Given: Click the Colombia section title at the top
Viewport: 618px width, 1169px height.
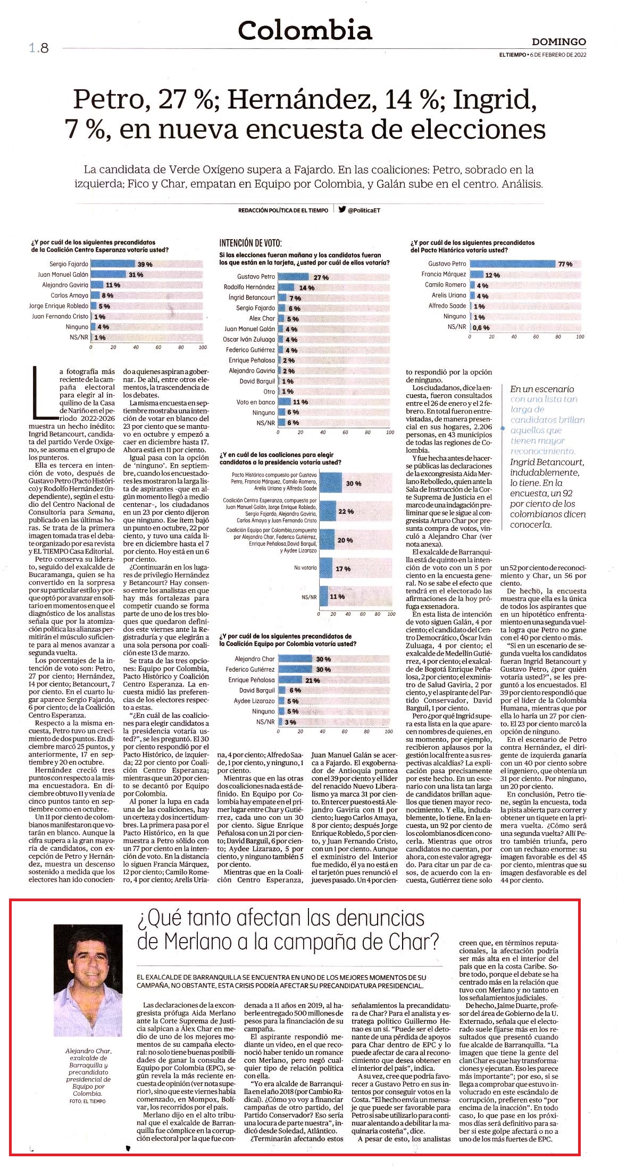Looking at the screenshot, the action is pyautogui.click(x=305, y=30).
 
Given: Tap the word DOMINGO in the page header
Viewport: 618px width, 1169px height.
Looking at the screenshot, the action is pyautogui.click(x=559, y=41).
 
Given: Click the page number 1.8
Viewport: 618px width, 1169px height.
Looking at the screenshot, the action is pyautogui.click(x=39, y=48).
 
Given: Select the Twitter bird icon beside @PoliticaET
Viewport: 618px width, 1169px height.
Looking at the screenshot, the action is pyautogui.click(x=342, y=209).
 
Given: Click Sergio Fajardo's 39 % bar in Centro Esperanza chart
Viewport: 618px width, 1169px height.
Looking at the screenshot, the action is pyautogui.click(x=113, y=264).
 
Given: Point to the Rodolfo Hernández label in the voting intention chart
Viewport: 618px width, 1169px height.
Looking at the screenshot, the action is pyautogui.click(x=249, y=287).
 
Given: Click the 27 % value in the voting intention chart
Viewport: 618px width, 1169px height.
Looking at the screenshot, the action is pyautogui.click(x=321, y=277).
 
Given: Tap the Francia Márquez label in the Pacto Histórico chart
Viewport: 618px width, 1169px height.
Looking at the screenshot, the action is pyautogui.click(x=444, y=274).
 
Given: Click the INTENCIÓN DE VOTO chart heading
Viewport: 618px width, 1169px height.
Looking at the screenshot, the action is pyautogui.click(x=250, y=243).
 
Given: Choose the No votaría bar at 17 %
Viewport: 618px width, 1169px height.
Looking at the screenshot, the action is pyautogui.click(x=325, y=568).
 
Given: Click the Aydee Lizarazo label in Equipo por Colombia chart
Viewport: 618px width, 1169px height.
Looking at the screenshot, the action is pyautogui.click(x=254, y=701).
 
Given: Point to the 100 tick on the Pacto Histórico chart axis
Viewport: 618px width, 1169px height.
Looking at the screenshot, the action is pyautogui.click(x=580, y=337).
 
